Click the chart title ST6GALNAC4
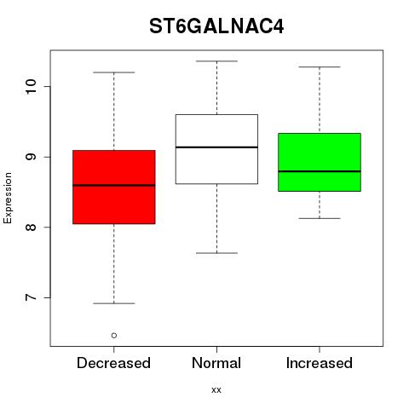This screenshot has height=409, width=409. pos(216,26)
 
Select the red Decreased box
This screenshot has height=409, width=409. pos(114,187)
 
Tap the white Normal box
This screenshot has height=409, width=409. pos(216,149)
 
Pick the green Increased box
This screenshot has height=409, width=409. pos(320,162)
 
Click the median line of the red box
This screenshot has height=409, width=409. pos(114,185)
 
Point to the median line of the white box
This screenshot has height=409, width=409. pos(216,147)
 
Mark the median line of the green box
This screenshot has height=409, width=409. pos(320,171)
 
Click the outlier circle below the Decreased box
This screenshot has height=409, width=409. pos(114,336)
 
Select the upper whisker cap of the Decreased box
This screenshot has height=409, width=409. pos(114,72)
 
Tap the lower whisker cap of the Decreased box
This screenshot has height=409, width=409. pos(114,303)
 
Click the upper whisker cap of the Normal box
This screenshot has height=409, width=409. pos(216,61)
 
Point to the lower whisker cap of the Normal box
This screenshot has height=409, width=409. pos(216,253)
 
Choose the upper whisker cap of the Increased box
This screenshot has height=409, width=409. pos(320,67)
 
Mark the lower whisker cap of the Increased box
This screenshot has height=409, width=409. pos(320,218)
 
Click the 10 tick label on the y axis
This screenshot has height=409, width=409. pos(31,86)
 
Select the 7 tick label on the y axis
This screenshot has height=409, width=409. pos(31,297)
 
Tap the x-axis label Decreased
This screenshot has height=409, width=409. pos(113,363)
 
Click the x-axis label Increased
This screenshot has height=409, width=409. pos(320,363)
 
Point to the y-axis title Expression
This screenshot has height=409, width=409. pos(8,198)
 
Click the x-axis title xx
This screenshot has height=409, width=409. pos(216,390)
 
